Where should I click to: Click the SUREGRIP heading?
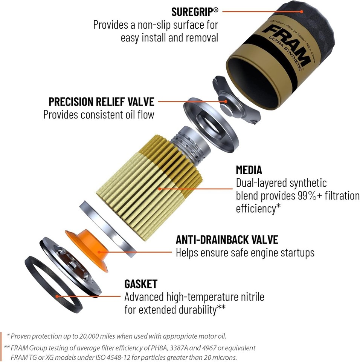point(194,11)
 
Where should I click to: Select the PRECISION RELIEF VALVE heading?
point(101,101)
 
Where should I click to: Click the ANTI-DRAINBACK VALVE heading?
point(227,239)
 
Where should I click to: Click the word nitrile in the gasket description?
point(249,297)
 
